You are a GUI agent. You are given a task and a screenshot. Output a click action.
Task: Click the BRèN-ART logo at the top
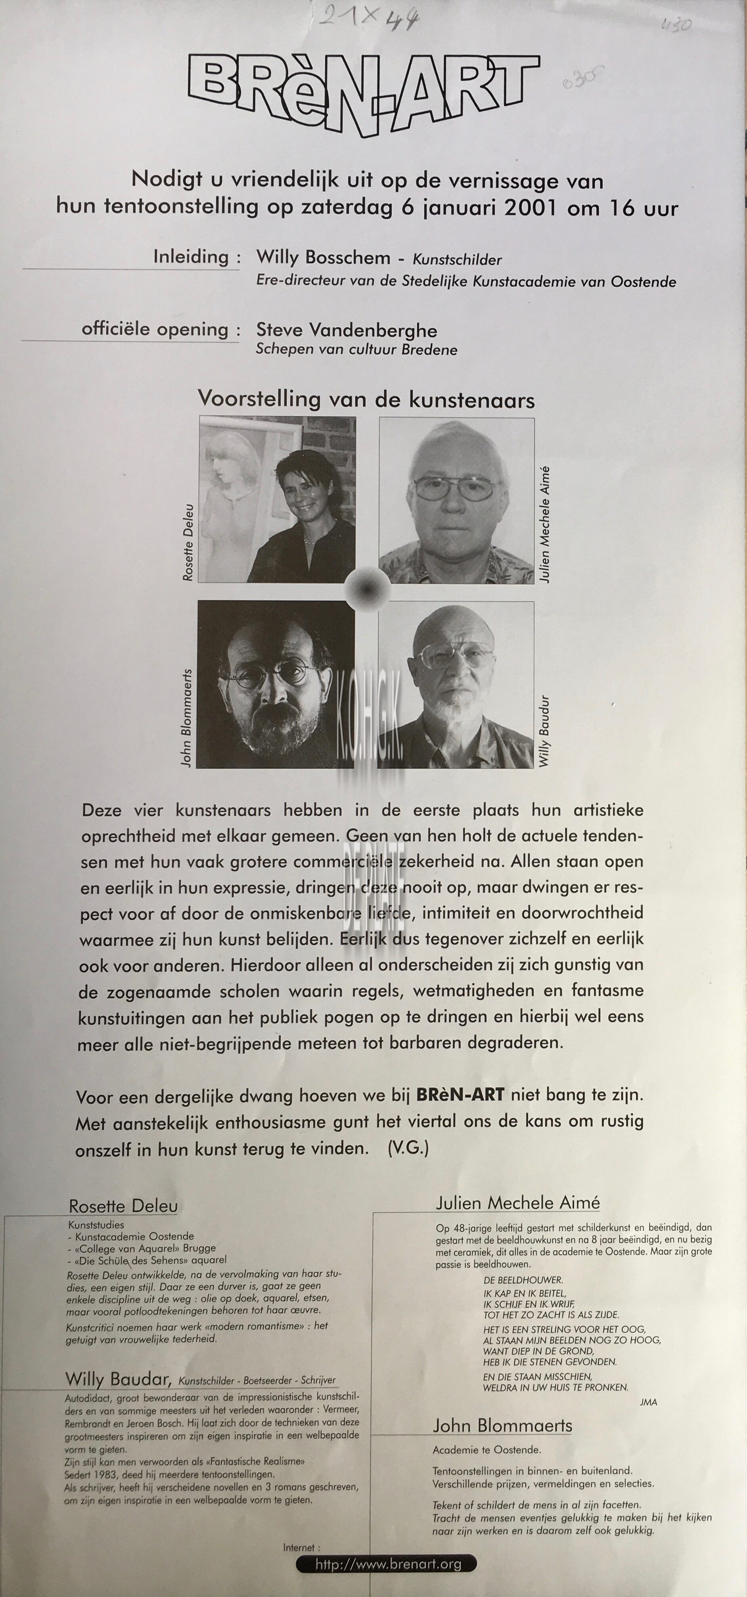tap(364, 90)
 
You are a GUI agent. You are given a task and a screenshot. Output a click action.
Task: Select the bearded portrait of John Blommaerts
tap(276, 684)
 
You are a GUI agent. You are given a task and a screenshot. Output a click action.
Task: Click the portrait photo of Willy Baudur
tap(456, 684)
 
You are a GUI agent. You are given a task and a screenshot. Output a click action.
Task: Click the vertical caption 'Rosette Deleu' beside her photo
tap(188, 543)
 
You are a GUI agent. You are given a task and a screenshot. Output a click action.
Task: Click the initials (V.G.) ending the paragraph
tap(408, 1147)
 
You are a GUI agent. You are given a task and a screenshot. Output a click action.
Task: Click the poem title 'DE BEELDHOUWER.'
tap(523, 1280)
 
